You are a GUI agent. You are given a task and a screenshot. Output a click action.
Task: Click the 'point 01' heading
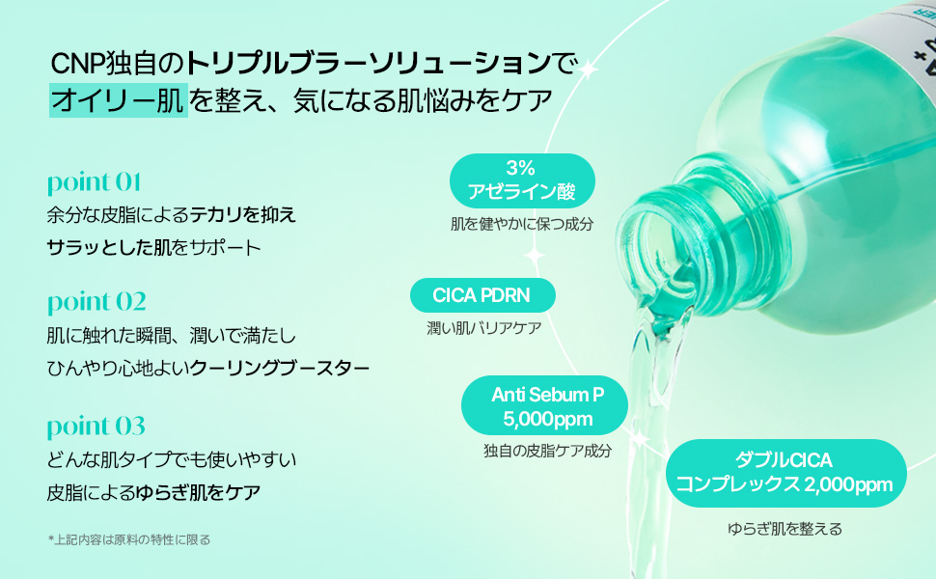95,182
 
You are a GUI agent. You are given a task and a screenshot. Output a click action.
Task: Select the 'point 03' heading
96,426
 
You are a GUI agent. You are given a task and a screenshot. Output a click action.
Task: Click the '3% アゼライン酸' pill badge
521,180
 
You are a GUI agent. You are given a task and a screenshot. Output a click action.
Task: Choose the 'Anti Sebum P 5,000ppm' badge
546,405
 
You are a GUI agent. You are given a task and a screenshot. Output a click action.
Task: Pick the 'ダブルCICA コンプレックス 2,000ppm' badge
784,472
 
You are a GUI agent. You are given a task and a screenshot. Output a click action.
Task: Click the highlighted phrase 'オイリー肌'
117,100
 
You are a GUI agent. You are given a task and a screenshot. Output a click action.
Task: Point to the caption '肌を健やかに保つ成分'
521,224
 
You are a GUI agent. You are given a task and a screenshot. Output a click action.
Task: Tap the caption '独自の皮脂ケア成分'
547,450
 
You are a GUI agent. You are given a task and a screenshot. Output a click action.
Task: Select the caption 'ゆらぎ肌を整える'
785,528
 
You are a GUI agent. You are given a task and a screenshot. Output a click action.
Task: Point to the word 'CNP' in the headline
75,65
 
